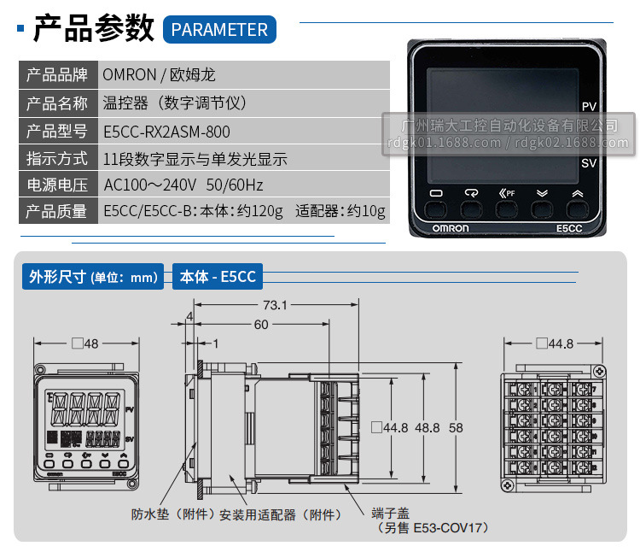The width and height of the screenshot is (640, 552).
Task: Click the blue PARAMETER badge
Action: (219, 30)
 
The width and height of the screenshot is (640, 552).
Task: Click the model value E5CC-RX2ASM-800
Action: (166, 132)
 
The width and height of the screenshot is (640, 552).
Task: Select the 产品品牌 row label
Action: (56, 74)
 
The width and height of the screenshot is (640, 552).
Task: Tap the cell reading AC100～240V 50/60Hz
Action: (183, 185)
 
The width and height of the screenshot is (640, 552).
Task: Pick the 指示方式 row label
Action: (56, 158)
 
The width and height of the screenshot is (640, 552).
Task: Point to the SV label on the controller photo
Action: (589, 162)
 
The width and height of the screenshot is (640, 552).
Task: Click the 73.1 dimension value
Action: (274, 304)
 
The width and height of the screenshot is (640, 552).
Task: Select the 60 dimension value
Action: (260, 325)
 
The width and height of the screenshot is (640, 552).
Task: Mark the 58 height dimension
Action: (457, 426)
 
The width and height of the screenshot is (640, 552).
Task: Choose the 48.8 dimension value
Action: (427, 426)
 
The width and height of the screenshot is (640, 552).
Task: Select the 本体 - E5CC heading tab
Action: (218, 276)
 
